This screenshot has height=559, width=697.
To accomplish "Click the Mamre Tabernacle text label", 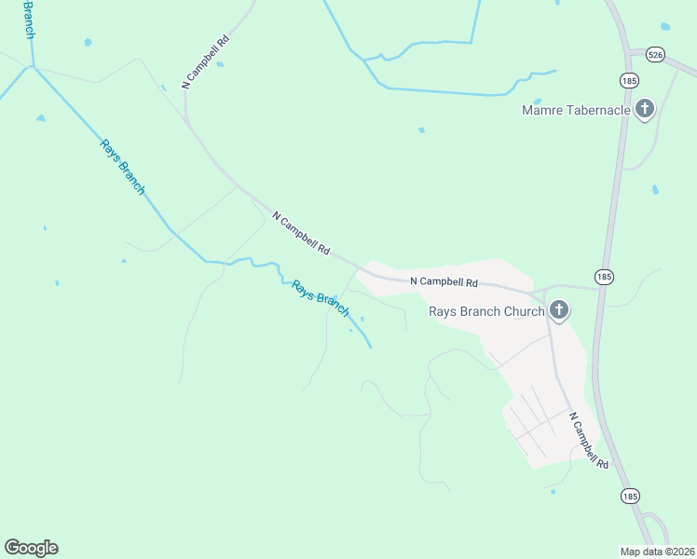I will point(576,111).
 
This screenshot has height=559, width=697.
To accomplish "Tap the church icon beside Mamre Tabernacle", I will point(644,110).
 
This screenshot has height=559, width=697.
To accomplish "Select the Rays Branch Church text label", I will point(486,311).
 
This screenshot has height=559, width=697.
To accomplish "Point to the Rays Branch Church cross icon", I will point(558,310).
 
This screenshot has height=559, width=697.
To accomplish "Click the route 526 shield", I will point(657,56).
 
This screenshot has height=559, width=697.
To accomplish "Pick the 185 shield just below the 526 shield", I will point(630,79).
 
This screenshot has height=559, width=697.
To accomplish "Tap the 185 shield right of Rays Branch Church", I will point(604,277).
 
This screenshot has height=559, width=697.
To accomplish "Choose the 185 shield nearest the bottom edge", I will point(630,496).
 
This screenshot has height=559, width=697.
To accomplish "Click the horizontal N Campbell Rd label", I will point(444,281).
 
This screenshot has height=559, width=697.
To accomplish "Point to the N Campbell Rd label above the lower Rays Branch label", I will point(301,233).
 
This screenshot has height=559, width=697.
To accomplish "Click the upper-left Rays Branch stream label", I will point(123,166).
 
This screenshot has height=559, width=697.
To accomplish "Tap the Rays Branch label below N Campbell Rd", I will point(321,298).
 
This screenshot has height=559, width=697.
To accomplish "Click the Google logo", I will point(31,548).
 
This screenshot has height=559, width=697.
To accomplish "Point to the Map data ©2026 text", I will point(656,552).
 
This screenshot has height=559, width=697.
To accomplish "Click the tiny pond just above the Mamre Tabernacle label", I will point(537,101).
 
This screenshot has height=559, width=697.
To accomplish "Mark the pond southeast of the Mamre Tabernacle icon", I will point(656,190).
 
